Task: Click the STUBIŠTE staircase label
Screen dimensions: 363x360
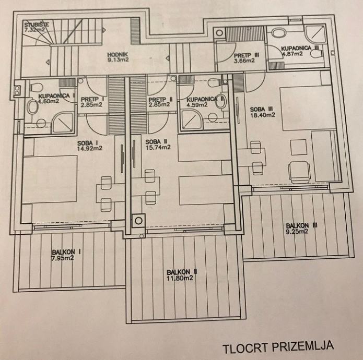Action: coord(37,25)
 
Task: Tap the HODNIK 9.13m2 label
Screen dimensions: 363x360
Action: coord(118,57)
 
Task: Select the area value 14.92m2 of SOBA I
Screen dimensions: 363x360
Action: coord(90,149)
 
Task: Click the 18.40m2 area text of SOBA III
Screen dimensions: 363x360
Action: coord(263,115)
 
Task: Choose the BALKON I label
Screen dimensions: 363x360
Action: coord(66,252)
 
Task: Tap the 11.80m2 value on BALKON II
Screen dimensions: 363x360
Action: coord(180,278)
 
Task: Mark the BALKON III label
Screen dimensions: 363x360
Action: coord(301,225)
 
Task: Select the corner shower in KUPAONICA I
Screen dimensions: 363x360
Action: coord(63,124)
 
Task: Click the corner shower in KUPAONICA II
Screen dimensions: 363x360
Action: coord(192,120)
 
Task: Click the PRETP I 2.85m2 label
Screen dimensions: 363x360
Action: coord(92,102)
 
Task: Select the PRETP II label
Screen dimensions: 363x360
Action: coord(161,100)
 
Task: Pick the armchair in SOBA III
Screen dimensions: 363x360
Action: coord(299,172)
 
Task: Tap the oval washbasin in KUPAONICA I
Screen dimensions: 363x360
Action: coord(33,107)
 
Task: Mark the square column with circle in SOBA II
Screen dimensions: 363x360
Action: coord(139,221)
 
